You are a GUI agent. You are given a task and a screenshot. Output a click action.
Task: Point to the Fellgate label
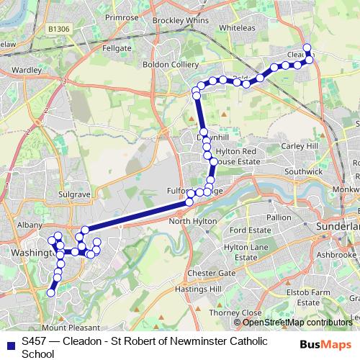pyautogui.click(x=117, y=48)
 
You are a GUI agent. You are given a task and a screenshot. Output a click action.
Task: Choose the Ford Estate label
pyautogui.click(x=250, y=230)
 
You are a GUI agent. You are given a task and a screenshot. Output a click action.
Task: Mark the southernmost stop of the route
pyautogui.click(x=50, y=292)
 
